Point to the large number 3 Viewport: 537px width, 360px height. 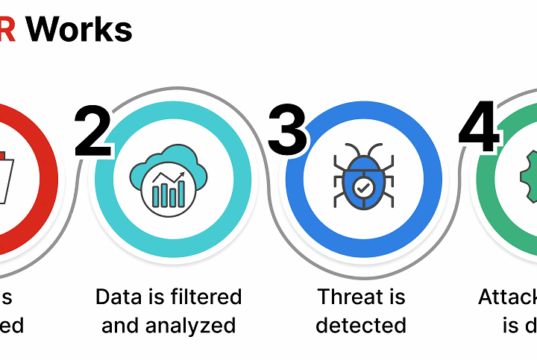tap(287, 133)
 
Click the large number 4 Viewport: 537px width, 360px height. tap(478, 131)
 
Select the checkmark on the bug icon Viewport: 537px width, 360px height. tap(360, 186)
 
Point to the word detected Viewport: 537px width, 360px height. tap(361, 325)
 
